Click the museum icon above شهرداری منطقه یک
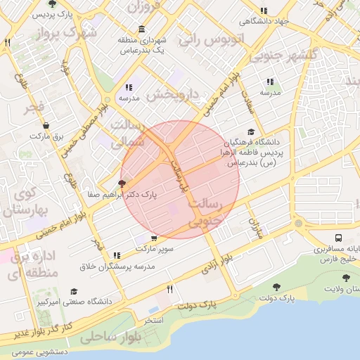point(142,29)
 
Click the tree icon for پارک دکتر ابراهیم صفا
point(122,184)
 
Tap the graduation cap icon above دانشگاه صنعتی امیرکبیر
point(74,291)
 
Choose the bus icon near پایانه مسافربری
point(340,239)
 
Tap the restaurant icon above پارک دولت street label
point(169,289)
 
